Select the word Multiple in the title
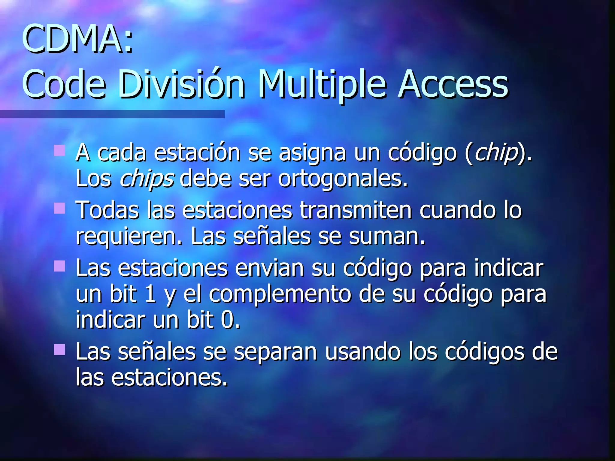[x=322, y=84]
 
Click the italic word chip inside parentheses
[x=496, y=153]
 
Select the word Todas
[x=107, y=210]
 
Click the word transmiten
[x=356, y=210]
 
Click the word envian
[x=269, y=268]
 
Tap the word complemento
[x=280, y=294]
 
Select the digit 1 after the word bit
[x=150, y=294]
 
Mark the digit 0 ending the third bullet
[x=228, y=320]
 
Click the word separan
[x=275, y=352]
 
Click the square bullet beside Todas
[x=59, y=208]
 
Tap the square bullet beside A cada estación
[x=59, y=150]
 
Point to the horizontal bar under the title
[x=112, y=114]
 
